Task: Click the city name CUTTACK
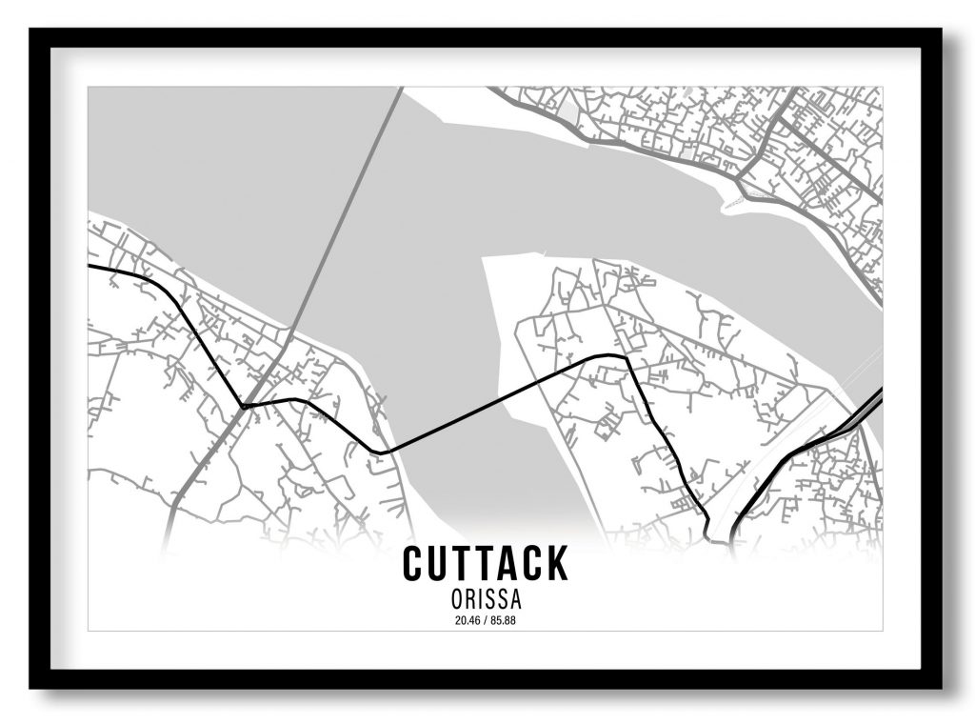[x=485, y=563]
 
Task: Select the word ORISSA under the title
[x=486, y=601]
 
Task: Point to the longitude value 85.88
[x=505, y=621]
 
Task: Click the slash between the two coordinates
[x=486, y=621]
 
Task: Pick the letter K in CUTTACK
[x=555, y=563]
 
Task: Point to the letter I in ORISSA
[x=478, y=601]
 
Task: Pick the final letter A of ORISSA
[x=518, y=601]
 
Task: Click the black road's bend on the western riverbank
[x=380, y=452]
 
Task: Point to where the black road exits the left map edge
[x=90, y=267]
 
